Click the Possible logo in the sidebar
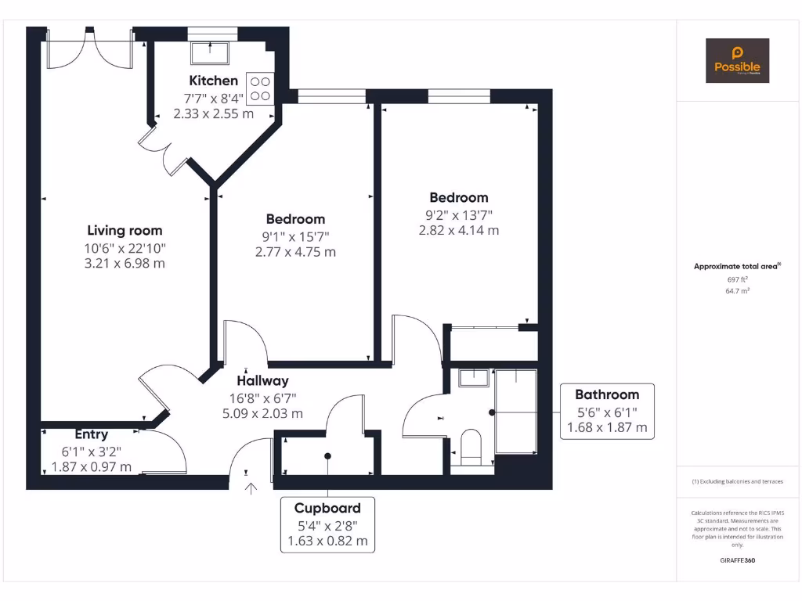pos(737,60)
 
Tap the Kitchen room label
pos(213,81)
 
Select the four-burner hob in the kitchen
pos(260,88)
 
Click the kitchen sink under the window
pos(208,52)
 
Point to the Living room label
pos(125,230)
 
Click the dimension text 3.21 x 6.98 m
pos(125,263)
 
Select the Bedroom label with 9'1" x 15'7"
pos(295,219)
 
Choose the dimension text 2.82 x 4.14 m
pos(459,230)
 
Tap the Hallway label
pos(263,381)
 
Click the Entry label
pos(92,434)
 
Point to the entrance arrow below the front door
pos(251,489)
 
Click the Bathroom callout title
pos(607,394)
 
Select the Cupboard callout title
pos(327,508)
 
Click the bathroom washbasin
pos(473,378)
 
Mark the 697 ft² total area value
pos(737,279)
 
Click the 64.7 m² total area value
pos(737,290)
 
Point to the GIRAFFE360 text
pos(737,560)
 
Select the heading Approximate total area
pos(736,266)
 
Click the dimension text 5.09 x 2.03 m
pos(263,414)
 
